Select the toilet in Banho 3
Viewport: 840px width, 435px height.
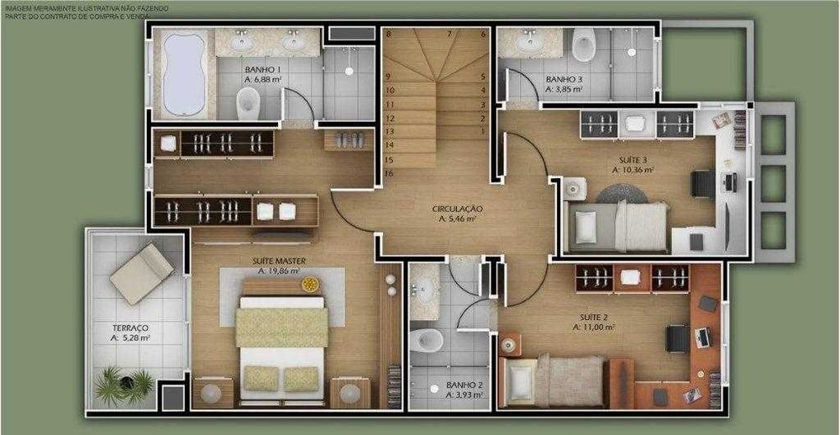[582, 44]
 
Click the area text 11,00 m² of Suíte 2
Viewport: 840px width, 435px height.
[600, 327]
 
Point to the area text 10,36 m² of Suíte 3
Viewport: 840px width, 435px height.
[633, 169]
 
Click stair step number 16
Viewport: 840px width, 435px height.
[389, 172]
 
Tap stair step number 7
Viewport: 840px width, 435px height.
[449, 34]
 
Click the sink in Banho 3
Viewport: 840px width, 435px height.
[529, 39]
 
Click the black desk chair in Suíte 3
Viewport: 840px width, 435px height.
[701, 181]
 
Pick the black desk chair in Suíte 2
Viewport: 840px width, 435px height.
[677, 337]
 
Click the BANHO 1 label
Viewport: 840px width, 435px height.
[262, 69]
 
